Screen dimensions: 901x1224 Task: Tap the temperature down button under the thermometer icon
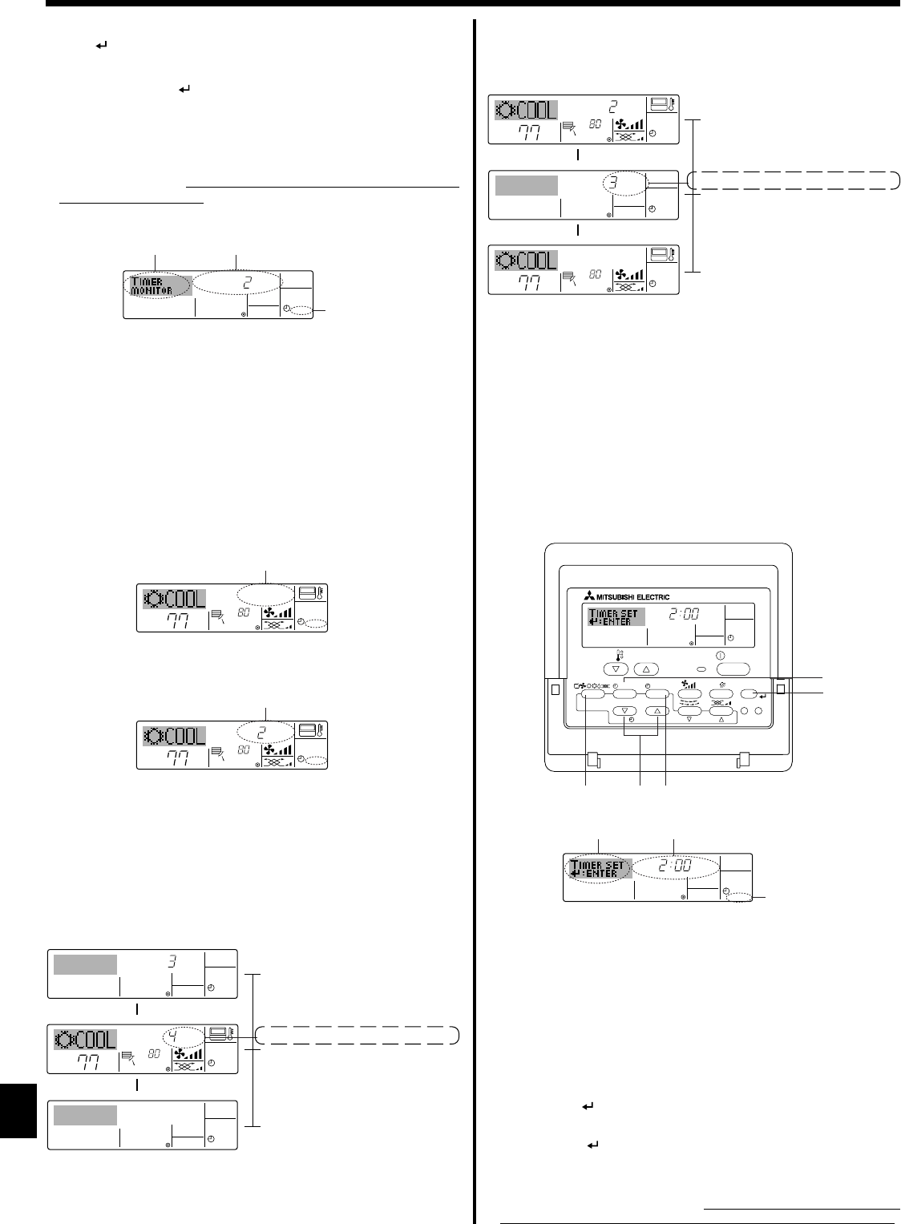(616, 668)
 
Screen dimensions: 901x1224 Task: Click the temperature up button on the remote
(648, 668)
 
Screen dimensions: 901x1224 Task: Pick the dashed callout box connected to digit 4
(361, 1035)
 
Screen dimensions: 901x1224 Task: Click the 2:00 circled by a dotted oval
(673, 866)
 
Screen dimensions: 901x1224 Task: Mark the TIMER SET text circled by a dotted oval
(599, 869)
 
